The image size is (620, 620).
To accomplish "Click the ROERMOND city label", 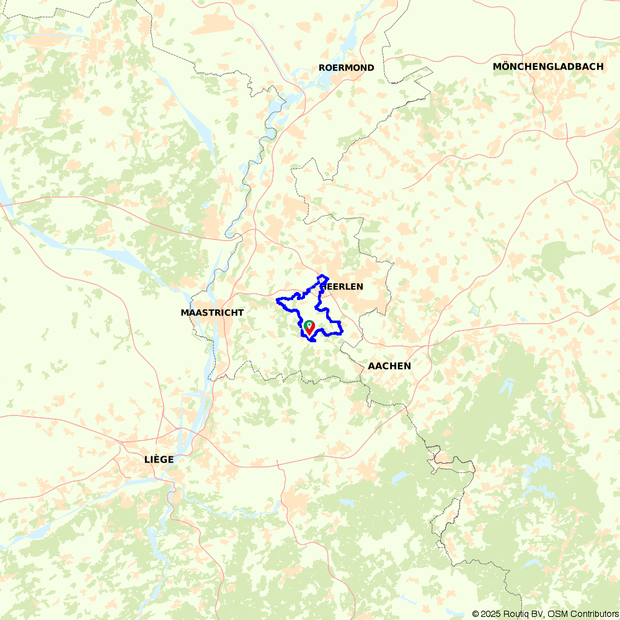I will point(347,68).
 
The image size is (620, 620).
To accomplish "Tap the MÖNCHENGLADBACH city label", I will point(548,66).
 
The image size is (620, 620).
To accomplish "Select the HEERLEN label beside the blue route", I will point(343,286).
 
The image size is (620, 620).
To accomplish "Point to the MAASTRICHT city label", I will point(212,312).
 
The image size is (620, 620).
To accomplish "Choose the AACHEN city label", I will point(389,366).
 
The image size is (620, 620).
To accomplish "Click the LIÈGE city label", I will point(159,459).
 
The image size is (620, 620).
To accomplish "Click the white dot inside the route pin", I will point(309,324).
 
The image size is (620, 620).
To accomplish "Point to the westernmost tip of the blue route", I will point(277,302).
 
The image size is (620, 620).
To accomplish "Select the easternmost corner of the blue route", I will point(343,329).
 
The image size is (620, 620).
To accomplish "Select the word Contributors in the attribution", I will point(593,614).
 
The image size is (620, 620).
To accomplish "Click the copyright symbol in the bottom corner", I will point(476,614).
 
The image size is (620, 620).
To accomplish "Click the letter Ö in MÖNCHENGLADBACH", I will point(508,66).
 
